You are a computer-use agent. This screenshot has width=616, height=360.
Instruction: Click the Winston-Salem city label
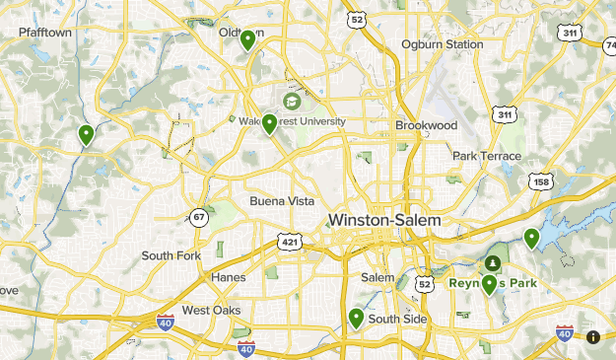pos(384,220)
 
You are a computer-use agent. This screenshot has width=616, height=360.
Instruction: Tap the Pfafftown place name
pos(45,33)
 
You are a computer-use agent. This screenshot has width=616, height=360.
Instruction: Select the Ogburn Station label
pos(442,44)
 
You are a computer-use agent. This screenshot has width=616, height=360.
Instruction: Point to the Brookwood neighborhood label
pos(427,126)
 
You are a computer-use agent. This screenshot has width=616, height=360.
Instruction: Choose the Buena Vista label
pos(282,201)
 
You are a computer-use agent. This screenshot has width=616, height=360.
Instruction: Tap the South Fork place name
pos(171,255)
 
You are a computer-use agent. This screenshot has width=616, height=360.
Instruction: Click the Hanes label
pos(228,277)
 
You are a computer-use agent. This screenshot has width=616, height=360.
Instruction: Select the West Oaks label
pos(211,310)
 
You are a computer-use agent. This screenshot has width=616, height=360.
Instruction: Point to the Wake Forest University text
pos(293,121)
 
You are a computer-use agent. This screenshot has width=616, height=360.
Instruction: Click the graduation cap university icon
pos(293,102)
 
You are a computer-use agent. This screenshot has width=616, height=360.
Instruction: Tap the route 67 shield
pos(200,217)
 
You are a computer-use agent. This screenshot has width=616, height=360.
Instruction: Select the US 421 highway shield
pos(290,241)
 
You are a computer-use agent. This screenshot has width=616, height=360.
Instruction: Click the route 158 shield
pos(540,181)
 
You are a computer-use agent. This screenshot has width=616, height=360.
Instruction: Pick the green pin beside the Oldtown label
pos(247,39)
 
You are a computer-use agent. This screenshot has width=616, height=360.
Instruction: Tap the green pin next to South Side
pos(356,318)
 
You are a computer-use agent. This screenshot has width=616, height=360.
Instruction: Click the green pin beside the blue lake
pos(532,238)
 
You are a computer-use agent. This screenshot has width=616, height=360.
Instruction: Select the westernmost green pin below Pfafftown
pos(87,134)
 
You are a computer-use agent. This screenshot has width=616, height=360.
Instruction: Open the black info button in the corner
pos(593,337)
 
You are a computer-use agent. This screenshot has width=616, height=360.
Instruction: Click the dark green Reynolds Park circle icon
pos(492,263)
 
